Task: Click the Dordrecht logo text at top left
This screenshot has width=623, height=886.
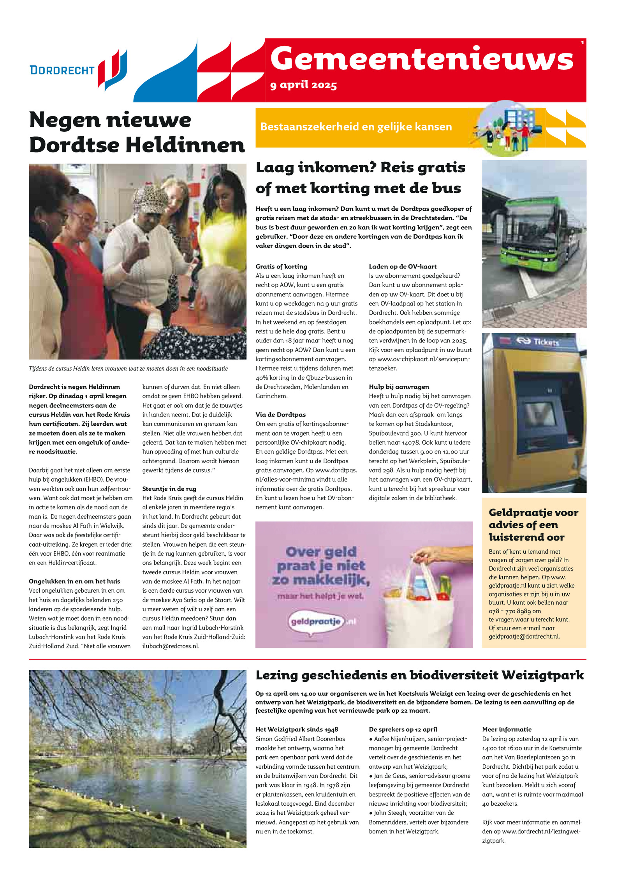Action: pos(62,70)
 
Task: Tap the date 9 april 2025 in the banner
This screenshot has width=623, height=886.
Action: pos(303,85)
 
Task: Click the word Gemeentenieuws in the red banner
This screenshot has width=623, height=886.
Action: pos(422,59)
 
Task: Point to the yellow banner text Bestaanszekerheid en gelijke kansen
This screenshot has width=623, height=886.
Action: pos(356,127)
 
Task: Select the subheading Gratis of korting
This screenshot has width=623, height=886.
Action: pos(281,267)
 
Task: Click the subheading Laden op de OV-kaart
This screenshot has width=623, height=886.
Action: pos(403,267)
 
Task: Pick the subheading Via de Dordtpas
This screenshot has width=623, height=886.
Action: pos(280,415)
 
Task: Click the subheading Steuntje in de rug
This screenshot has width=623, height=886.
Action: pos(169,489)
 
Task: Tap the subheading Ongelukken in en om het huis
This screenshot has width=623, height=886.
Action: pos(74,581)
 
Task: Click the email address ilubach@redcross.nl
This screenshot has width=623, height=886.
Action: pos(171,646)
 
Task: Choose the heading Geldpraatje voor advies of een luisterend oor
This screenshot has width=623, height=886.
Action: pos(533,524)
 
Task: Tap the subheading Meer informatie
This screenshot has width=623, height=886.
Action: pos(507,729)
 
